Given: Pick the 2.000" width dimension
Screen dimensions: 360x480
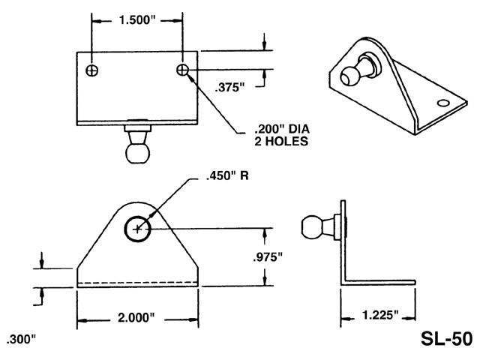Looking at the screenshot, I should pyautogui.click(x=136, y=318).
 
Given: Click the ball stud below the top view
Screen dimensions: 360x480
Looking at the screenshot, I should pyautogui.click(x=136, y=147).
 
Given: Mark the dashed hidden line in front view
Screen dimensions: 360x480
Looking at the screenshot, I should pyautogui.click(x=136, y=282).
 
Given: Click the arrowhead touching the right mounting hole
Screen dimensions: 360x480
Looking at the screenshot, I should pyautogui.click(x=191, y=74).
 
